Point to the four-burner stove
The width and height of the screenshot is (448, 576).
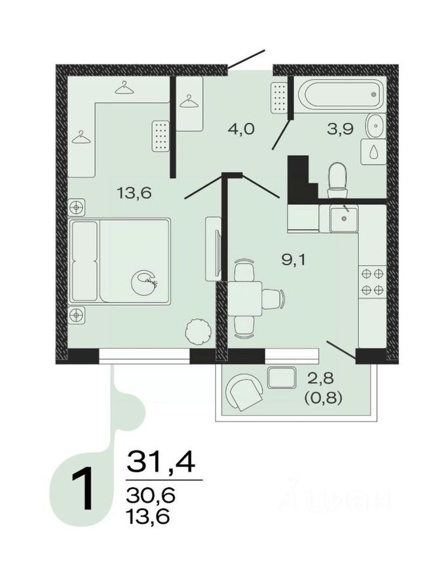pos(372,282)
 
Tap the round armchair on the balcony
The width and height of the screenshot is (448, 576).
pos(243,391)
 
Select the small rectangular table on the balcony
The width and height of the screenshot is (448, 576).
pos(283,377)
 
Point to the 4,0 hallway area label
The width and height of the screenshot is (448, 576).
pos(240,128)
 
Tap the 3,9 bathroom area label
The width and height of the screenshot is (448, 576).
pos(340,128)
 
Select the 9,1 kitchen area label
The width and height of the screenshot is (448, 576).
pos(294,259)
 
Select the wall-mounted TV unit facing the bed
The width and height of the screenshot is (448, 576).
pos(212,249)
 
